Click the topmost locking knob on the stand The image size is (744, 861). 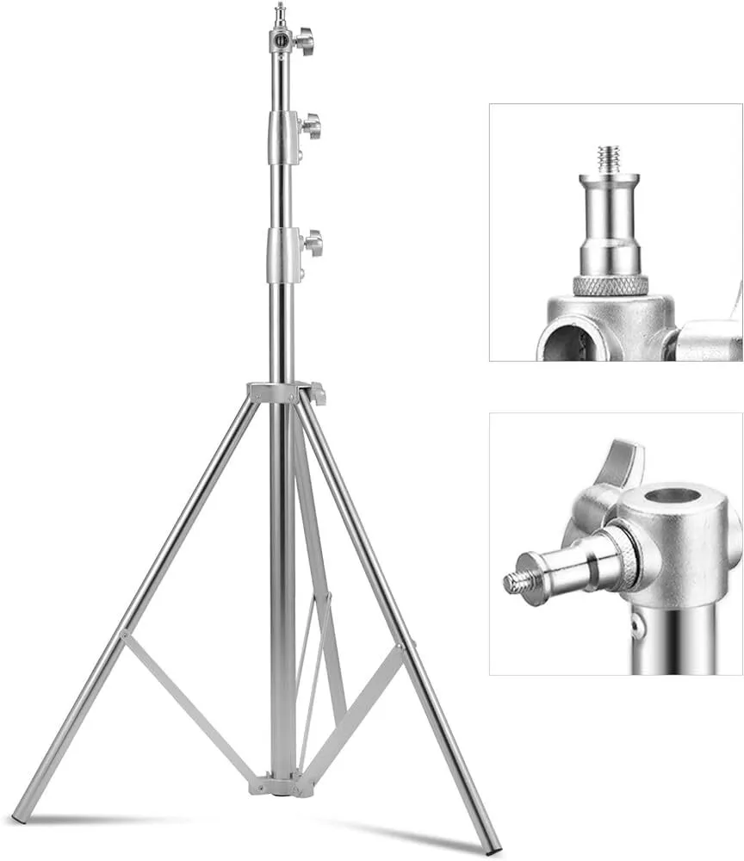coord(304,40)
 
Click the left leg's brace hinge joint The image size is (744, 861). coord(125,636)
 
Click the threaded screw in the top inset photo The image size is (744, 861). coord(610,159)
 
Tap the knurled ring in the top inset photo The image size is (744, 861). coord(611,285)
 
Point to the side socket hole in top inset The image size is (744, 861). coord(563,341)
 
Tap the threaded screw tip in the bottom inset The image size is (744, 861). coord(518,583)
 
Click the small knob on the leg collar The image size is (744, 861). coord(319,393)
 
